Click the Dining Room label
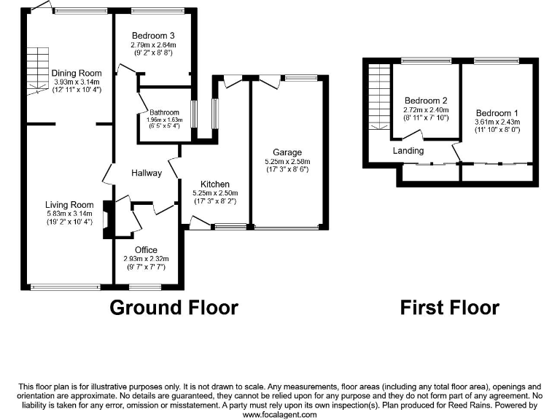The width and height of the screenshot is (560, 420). (76, 73)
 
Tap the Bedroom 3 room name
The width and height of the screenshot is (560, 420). (153, 35)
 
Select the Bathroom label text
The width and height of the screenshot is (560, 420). (164, 112)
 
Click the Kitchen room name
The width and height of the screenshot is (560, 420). (215, 184)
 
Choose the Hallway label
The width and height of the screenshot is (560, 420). (147, 173)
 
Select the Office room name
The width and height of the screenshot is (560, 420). (146, 250)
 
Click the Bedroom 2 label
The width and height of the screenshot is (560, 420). (425, 101)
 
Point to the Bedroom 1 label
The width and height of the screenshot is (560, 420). (497, 113)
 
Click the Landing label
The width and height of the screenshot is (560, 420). (408, 151)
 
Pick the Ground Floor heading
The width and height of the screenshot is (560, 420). (174, 308)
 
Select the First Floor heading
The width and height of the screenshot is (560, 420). (449, 308)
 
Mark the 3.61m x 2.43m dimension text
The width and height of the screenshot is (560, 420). (497, 122)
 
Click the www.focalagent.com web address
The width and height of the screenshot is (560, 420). (279, 414)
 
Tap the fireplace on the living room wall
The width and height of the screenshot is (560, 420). (108, 219)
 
